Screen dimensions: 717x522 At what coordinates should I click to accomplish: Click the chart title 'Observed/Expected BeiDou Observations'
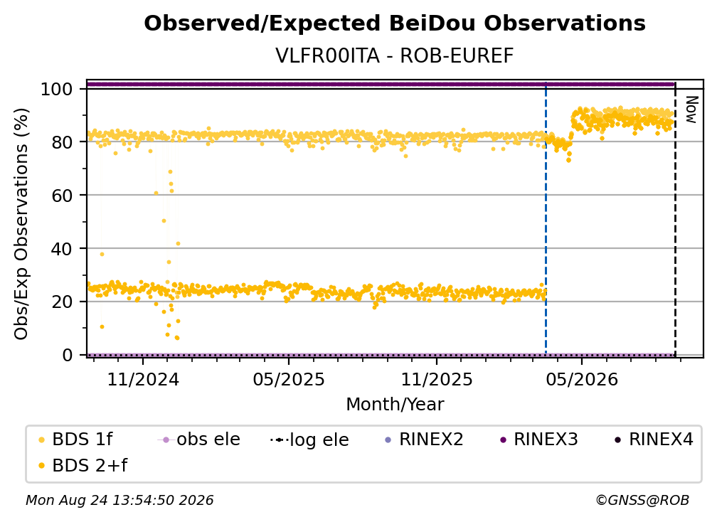pos(395,23)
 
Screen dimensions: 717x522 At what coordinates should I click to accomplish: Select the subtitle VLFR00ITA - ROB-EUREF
pos(395,55)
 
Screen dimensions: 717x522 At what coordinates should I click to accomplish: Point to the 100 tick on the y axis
pos(57,89)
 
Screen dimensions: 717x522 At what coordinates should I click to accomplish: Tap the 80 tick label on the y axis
pos(62,142)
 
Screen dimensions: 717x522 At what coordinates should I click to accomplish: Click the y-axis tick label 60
pos(62,196)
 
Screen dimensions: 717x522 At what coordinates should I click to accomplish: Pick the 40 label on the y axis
pos(62,249)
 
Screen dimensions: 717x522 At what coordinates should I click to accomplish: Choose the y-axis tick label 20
pos(62,302)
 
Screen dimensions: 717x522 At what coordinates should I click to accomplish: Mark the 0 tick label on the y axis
pos(68,355)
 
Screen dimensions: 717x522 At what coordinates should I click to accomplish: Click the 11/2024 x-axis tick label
pos(143,379)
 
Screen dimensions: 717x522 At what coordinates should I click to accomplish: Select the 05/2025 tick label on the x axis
pos(289,379)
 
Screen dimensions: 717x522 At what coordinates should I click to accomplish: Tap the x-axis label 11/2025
pos(437,379)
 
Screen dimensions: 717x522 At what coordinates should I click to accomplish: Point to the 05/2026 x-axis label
pos(582,379)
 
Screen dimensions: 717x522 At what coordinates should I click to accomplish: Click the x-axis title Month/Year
pos(395,405)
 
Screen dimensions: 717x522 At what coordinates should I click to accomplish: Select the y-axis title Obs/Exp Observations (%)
pos(21,224)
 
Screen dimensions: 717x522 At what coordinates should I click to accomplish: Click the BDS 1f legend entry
pos(75,440)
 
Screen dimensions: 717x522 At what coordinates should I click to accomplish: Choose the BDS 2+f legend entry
pos(83,465)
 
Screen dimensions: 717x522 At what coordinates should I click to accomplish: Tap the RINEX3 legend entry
pos(539,440)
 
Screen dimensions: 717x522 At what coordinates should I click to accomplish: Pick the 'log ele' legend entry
pos(310,440)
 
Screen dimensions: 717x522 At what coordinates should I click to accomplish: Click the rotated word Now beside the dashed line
pos(691,110)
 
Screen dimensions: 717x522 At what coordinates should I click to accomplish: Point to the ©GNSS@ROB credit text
pos(642,500)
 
